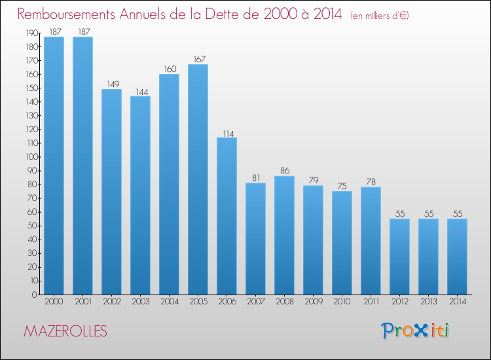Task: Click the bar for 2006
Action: click(x=227, y=216)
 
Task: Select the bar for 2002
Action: click(x=111, y=192)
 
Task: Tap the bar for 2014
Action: click(x=457, y=257)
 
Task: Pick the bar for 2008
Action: click(x=284, y=235)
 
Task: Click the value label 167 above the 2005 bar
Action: click(x=198, y=60)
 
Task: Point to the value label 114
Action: click(x=227, y=133)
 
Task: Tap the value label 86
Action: click(x=284, y=171)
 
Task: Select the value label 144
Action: click(x=140, y=92)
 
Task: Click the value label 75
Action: click(x=342, y=187)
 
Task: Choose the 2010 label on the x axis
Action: click(x=342, y=302)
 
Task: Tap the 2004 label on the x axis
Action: click(x=169, y=302)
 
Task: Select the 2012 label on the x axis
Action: click(x=399, y=302)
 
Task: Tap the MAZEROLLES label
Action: click(x=65, y=331)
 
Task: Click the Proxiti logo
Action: click(x=415, y=331)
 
